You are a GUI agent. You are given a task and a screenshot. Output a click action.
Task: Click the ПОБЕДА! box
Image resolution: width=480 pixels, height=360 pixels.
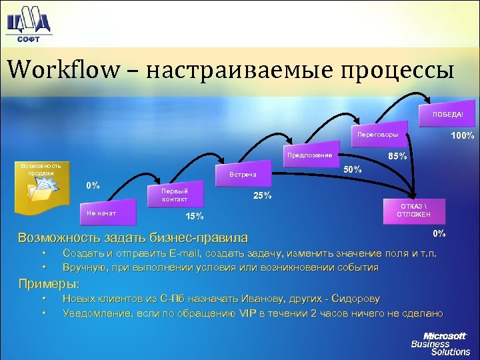447,114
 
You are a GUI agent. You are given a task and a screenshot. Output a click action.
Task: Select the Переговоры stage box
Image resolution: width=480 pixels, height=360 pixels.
377,135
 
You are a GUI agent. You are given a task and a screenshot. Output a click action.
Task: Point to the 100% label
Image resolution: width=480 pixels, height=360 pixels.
462,136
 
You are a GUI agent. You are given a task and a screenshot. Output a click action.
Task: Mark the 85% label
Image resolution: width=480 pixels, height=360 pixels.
398,157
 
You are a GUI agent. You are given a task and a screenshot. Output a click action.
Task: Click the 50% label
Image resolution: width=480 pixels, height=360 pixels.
353,169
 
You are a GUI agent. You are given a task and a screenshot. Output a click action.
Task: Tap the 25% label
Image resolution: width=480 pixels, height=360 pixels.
262,195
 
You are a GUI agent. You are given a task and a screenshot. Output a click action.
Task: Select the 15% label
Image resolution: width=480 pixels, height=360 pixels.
195,216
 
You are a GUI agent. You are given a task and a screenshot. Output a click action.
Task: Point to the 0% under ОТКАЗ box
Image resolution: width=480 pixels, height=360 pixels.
439,233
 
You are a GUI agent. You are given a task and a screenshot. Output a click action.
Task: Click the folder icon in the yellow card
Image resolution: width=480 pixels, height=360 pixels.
41,191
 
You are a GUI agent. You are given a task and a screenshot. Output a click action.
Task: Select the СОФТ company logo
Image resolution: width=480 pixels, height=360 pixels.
28,23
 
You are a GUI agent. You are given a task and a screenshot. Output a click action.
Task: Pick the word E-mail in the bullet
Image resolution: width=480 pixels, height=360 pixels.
189,253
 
